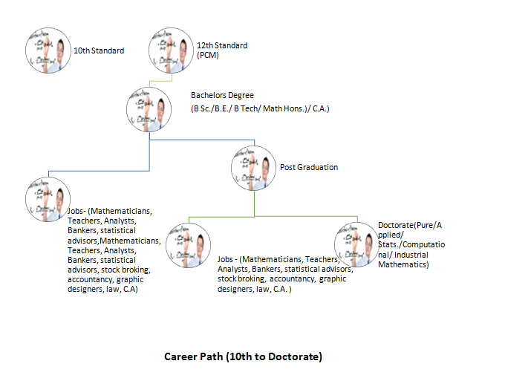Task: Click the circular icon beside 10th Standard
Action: point(48,51)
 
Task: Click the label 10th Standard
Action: point(98,50)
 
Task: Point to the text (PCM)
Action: point(208,55)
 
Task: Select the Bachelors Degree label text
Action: point(222,95)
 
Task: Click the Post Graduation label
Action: point(308,167)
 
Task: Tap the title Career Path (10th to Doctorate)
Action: point(243,356)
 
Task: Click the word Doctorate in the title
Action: point(293,356)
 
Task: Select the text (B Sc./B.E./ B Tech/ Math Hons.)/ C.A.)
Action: point(260,109)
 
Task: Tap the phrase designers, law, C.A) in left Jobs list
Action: point(103,289)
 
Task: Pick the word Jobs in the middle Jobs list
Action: point(227,260)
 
